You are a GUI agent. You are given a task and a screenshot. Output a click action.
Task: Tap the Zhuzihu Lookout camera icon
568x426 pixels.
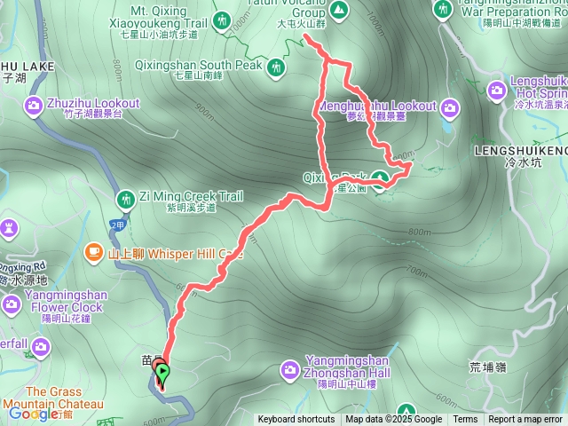click(34, 106)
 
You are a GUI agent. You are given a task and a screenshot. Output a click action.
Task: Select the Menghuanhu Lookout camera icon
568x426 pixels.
click(451, 108)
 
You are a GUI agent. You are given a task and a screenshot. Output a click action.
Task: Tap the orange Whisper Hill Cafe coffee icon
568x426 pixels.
click(93, 253)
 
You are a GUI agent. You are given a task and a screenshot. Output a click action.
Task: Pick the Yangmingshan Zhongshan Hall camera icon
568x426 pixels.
click(290, 368)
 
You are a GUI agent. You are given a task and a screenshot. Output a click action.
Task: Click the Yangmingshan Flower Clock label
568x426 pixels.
click(67, 301)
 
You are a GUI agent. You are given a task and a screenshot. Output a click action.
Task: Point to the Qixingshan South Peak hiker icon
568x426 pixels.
click(277, 66)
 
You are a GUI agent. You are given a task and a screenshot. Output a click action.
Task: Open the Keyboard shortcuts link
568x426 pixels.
click(296, 420)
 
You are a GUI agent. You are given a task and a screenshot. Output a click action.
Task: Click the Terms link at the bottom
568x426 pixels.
click(465, 420)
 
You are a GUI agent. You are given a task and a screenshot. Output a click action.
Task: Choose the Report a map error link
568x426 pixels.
click(525, 420)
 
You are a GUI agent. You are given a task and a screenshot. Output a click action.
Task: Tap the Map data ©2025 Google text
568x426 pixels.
click(394, 420)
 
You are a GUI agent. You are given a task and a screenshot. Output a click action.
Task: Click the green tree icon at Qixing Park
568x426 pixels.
click(380, 180)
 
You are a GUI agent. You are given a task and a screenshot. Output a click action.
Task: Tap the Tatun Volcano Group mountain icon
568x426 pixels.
click(338, 10)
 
